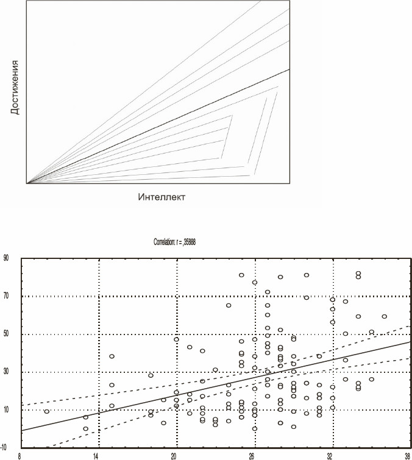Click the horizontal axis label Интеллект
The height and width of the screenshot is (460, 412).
pyautogui.click(x=161, y=197)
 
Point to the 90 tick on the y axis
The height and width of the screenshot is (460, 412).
pyautogui.click(x=7, y=258)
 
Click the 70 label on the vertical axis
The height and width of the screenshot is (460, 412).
pyautogui.click(x=7, y=296)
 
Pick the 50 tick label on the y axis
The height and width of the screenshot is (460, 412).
pyautogui.click(x=7, y=334)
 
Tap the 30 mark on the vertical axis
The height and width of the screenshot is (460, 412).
pyautogui.click(x=7, y=372)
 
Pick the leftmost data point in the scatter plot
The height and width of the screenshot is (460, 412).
pyautogui.click(x=47, y=411)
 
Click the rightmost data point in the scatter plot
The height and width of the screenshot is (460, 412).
pyautogui.click(x=385, y=316)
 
